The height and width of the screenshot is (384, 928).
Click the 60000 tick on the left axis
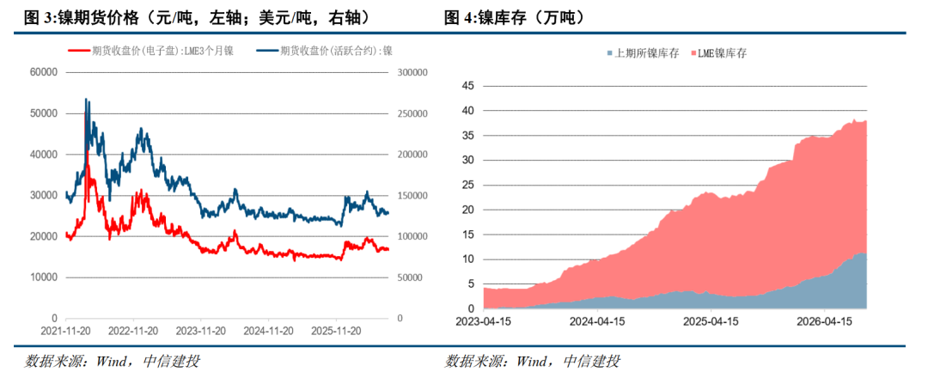click(43, 72)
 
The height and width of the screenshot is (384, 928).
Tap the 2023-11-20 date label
click(201, 331)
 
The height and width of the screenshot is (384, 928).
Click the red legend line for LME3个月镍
click(79, 51)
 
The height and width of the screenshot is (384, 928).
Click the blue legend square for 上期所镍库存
click(610, 53)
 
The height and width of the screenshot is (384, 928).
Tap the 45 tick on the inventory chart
click(467, 87)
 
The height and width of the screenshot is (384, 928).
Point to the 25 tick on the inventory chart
click(467, 186)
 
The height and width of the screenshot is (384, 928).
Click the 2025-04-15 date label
click(710, 322)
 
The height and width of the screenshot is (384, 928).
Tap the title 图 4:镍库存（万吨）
click(515, 18)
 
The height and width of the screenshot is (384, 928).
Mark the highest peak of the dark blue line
click(86, 99)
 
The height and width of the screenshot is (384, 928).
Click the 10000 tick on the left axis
click(43, 277)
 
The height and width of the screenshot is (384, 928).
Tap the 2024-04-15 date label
click(598, 322)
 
